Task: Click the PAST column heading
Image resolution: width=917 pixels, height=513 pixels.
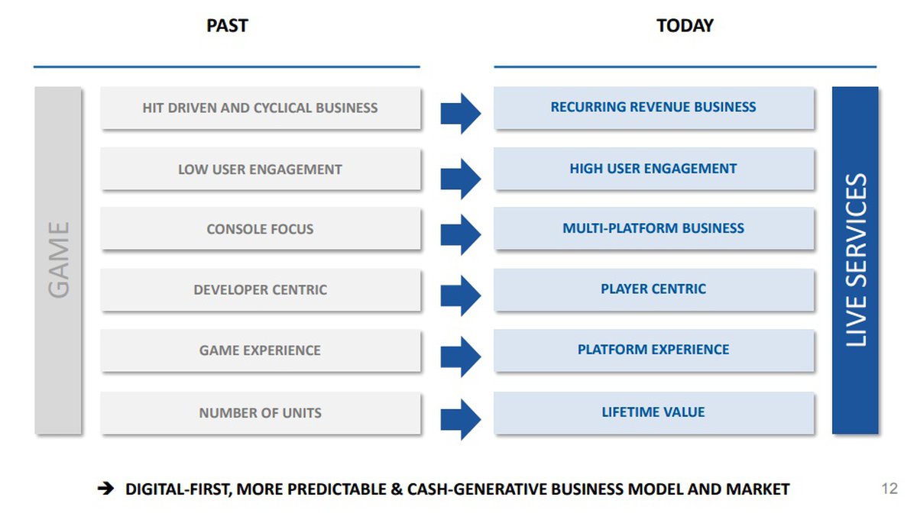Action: click(227, 26)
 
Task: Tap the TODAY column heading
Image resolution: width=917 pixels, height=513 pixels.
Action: click(685, 26)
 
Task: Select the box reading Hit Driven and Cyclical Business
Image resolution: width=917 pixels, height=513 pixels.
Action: click(261, 108)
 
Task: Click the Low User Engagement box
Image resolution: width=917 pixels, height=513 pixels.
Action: click(261, 169)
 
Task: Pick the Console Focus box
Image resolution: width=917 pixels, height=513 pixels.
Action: click(261, 229)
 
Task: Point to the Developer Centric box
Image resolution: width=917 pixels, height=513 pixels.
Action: click(261, 289)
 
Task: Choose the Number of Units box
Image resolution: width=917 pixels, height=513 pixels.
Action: click(261, 413)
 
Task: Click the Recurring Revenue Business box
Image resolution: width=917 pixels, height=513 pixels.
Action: click(654, 108)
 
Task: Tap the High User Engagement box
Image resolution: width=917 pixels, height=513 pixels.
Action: click(654, 169)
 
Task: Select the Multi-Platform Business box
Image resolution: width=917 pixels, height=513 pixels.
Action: click(654, 229)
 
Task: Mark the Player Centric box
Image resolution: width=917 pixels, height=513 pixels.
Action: click(654, 289)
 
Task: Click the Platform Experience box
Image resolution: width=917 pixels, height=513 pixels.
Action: click(654, 350)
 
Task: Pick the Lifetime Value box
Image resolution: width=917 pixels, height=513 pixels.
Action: click(654, 413)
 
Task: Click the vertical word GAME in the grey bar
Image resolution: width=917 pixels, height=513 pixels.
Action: click(59, 260)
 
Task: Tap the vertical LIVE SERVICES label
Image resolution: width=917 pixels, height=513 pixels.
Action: click(856, 260)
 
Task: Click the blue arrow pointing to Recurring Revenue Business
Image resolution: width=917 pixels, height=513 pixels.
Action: click(461, 113)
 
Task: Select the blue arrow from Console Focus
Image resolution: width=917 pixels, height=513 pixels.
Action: click(461, 234)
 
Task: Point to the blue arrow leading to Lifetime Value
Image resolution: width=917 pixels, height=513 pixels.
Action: click(461, 419)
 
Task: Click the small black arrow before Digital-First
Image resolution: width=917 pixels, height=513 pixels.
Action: click(105, 489)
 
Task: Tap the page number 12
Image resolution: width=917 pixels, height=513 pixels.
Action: click(889, 489)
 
